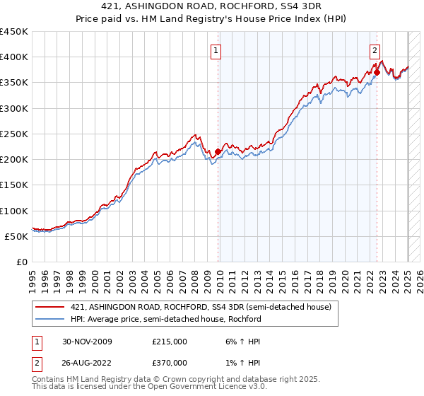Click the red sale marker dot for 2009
(x=218, y=151)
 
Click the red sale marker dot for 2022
(x=377, y=72)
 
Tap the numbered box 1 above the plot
(x=215, y=50)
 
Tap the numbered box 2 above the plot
(x=374, y=50)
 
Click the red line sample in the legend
(x=50, y=306)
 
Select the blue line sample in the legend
(x=50, y=318)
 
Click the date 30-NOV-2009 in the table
(x=87, y=342)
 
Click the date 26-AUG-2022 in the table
(x=87, y=362)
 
